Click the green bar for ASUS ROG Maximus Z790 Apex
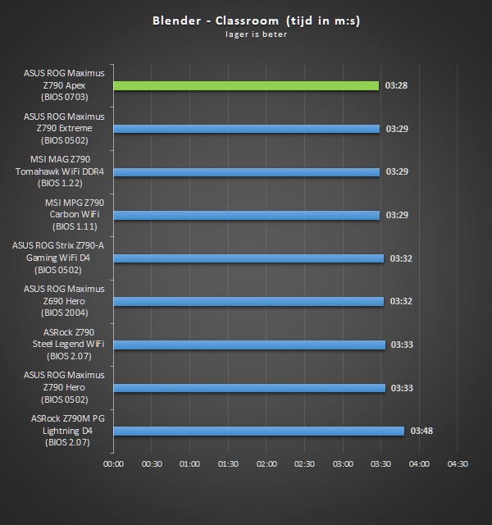pyautogui.click(x=246, y=85)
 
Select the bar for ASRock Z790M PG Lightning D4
pyautogui.click(x=258, y=431)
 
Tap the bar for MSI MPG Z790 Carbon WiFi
pyautogui.click(x=246, y=215)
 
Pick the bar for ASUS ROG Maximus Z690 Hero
pyautogui.click(x=248, y=301)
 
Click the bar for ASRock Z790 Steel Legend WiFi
pyautogui.click(x=249, y=345)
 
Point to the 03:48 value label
pyautogui.click(x=421, y=431)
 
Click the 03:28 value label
pyautogui.click(x=397, y=85)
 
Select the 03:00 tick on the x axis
pyautogui.click(x=343, y=464)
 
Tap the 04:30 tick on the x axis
pyautogui.click(x=458, y=464)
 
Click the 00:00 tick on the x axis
pyautogui.click(x=114, y=464)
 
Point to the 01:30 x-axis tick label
pyautogui.click(x=228, y=464)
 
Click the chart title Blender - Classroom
pyautogui.click(x=256, y=21)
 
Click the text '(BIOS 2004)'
pyautogui.click(x=64, y=313)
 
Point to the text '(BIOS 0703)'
pyautogui.click(x=64, y=97)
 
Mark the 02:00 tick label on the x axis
pyautogui.click(x=266, y=464)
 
